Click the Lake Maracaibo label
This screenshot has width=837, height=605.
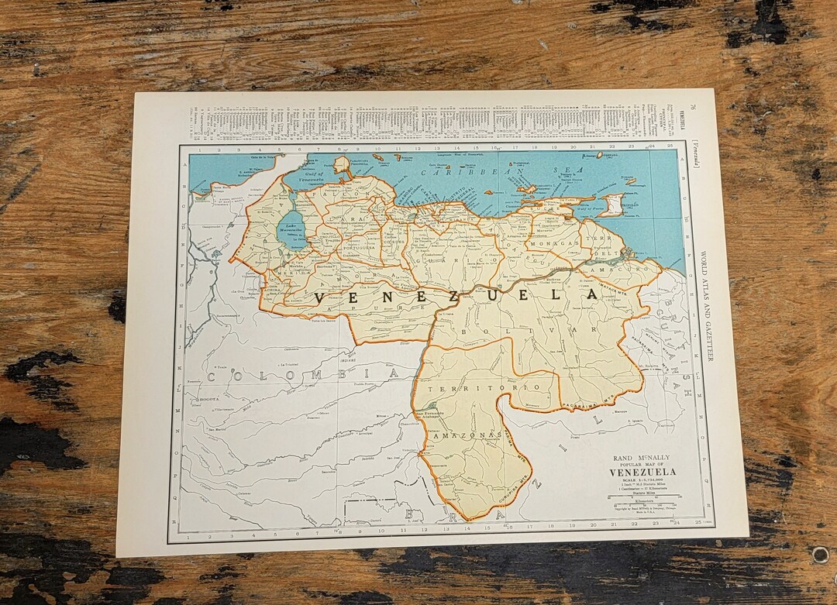click(x=292, y=225)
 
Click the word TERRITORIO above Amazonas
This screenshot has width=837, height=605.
click(x=481, y=387)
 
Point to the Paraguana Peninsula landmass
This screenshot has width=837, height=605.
click(x=340, y=165)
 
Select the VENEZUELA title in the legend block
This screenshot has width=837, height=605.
click(x=642, y=472)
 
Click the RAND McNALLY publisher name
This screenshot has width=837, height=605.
click(x=642, y=458)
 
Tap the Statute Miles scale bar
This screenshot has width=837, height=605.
click(x=642, y=504)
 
